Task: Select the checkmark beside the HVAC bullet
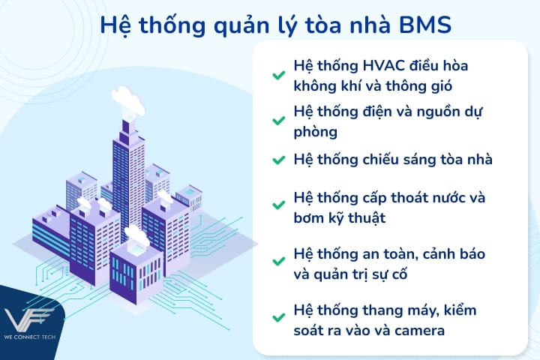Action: coord(278,75)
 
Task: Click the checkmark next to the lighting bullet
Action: coord(278,160)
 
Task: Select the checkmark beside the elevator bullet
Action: coord(278,319)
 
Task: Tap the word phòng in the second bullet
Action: coord(316,133)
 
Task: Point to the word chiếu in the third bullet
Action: coord(387,159)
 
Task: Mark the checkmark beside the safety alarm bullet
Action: coord(278,262)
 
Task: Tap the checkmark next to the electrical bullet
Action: coord(278,124)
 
